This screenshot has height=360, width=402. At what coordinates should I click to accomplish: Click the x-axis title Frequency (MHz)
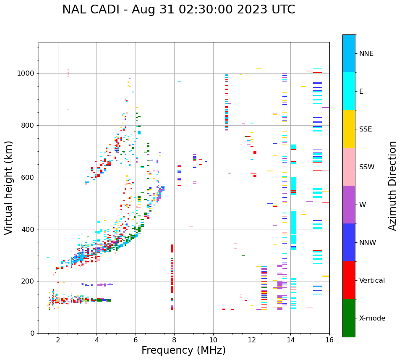click(183, 350)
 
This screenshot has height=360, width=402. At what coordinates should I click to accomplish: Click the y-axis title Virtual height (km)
click(9, 188)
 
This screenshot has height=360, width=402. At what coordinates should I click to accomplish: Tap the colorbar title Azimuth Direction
click(392, 186)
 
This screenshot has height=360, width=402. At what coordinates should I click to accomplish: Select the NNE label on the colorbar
click(366, 54)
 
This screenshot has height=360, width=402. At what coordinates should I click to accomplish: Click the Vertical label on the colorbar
click(372, 281)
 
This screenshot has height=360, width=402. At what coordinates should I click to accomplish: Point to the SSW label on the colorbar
click(367, 167)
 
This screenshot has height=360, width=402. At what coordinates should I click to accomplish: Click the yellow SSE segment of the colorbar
click(349, 129)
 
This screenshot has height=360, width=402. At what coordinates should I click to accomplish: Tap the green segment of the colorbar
click(349, 318)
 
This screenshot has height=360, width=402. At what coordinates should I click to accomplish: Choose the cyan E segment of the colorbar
click(349, 91)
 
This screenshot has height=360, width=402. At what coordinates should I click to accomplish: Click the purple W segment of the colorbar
click(349, 205)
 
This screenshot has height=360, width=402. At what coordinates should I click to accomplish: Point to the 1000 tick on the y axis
click(26, 73)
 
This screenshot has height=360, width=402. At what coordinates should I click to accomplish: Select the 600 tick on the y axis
click(29, 177)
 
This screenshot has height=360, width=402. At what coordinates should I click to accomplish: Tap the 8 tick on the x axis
click(174, 340)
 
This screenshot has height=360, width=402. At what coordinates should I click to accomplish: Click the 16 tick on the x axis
click(329, 340)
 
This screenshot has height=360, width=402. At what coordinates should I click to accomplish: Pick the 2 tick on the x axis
click(58, 340)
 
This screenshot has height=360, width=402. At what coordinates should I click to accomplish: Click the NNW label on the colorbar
click(368, 243)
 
